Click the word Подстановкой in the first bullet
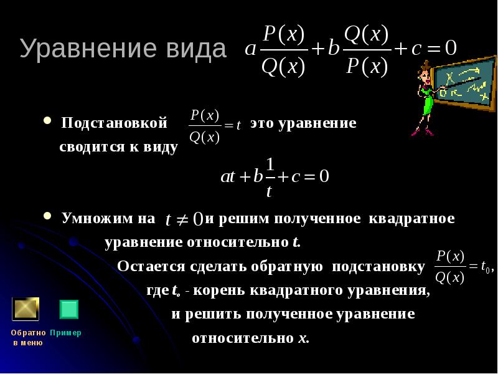point(115,123)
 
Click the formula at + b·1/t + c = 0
point(275,176)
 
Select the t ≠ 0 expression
point(184,219)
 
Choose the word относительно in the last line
point(241,338)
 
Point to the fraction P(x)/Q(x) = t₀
point(464,266)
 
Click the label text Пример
point(65,333)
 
